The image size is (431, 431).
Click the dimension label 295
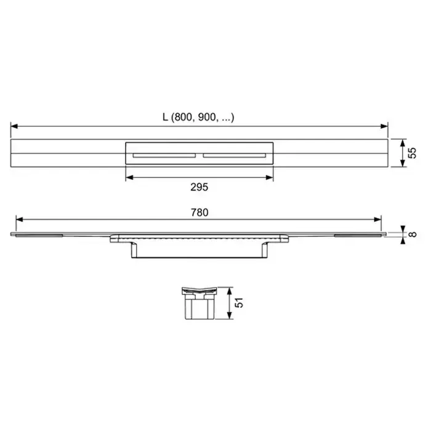pos(199,187)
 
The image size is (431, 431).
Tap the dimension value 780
pos(199,212)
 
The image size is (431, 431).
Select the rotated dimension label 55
pos(412,153)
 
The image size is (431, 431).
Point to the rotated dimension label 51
pos(239,303)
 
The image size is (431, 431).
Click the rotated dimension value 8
pos(413,235)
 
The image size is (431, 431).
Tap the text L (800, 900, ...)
pos(198,118)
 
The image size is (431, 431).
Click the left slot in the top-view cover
pos(164,156)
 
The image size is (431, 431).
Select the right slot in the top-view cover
pos(235,156)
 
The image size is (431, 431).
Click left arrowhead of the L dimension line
pos(14,126)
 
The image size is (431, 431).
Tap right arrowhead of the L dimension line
pos(384,126)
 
